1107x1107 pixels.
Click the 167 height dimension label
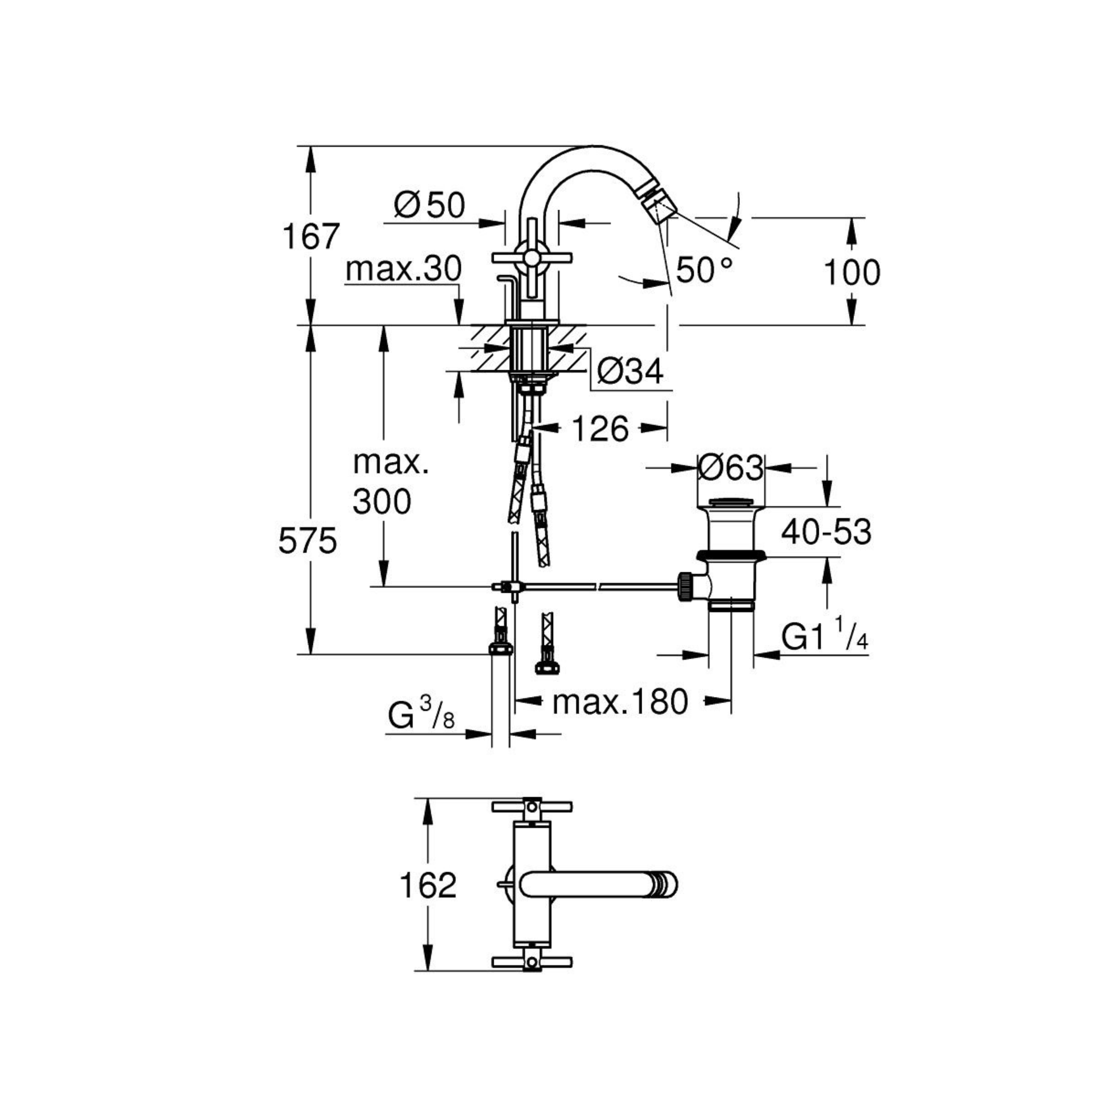[312, 236]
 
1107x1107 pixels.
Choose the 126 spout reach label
[600, 429]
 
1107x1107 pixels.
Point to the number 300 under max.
[381, 502]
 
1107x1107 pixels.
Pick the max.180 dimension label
[620, 702]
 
